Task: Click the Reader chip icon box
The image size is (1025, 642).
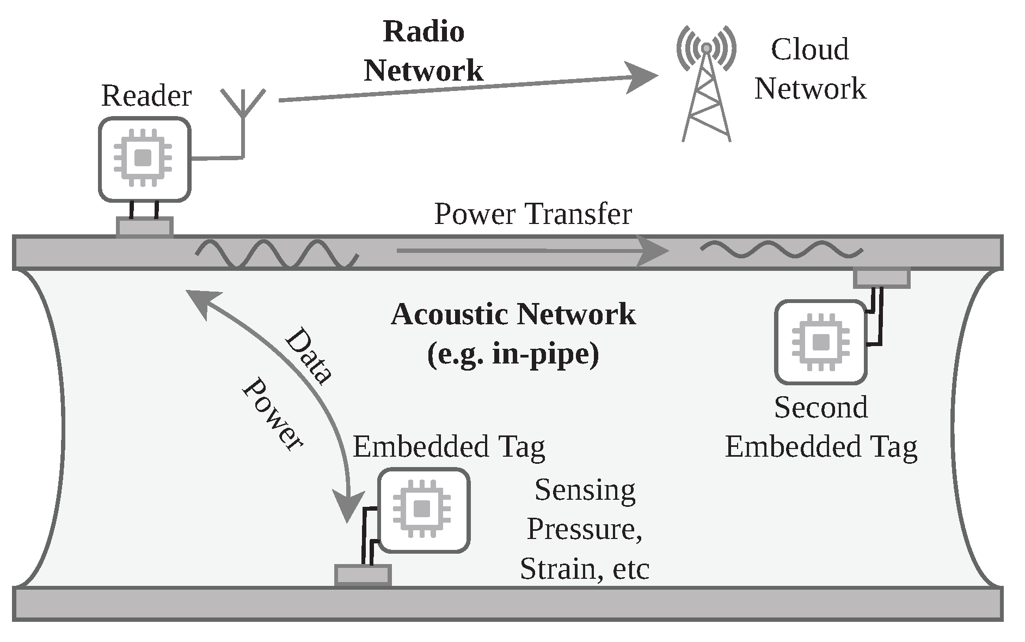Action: coord(144,159)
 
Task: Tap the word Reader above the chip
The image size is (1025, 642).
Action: coord(146,96)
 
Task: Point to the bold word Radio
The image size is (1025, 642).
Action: coord(423,32)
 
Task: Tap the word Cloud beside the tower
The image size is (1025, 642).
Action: coord(809,50)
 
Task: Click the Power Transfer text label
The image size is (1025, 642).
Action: coord(532,214)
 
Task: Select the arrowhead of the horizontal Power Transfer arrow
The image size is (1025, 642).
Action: coord(653,251)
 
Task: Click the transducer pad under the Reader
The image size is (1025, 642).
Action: coord(145,227)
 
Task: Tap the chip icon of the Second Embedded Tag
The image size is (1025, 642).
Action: coord(820,342)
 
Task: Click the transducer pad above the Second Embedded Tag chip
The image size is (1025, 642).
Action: coord(881,278)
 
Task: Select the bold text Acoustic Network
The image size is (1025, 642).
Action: coord(513,314)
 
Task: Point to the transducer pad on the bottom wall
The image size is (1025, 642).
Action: coord(363,575)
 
